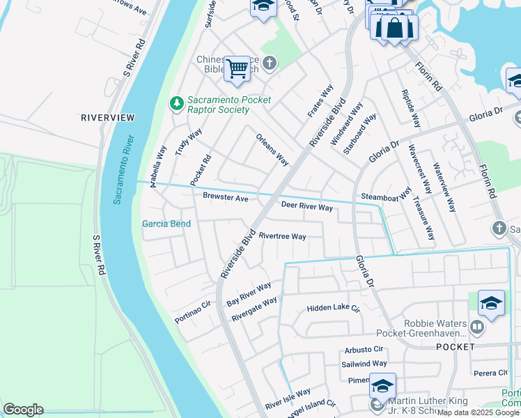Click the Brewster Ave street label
pyautogui.click(x=225, y=198)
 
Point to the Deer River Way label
pyautogui.click(x=306, y=207)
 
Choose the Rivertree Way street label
pyautogui.click(x=282, y=236)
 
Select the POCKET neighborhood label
pyautogui.click(x=455, y=346)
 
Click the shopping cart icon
pyautogui.click(x=237, y=68)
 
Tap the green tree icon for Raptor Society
pyautogui.click(x=177, y=103)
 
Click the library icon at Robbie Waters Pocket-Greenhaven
pyautogui.click(x=476, y=326)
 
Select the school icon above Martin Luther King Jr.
pyautogui.click(x=382, y=385)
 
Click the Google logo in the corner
pyautogui.click(x=23, y=410)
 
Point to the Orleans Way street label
pyautogui.click(x=272, y=149)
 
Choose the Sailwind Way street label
pyautogui.click(x=365, y=364)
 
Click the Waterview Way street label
pyautogui.click(x=444, y=187)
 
